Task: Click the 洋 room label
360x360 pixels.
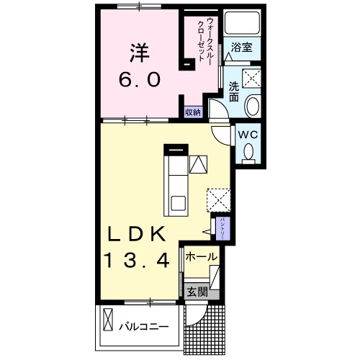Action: click(140, 53)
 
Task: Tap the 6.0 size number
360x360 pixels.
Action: click(140, 80)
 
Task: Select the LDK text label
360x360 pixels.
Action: click(137, 234)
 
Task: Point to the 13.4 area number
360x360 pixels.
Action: click(137, 261)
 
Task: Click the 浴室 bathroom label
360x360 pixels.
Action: click(242, 47)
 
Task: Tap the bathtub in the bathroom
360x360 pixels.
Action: click(242, 23)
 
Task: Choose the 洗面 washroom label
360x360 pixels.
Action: click(234, 91)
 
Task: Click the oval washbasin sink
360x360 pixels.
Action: click(252, 106)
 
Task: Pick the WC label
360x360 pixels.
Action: click(248, 135)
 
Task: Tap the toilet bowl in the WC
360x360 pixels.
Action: click(248, 152)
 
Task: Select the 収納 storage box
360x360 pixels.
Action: click(193, 112)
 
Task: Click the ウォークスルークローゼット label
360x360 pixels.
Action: click(204, 40)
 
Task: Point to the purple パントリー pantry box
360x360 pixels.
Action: click(223, 228)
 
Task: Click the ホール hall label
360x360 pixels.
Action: click(202, 257)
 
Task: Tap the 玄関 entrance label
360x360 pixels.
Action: click(197, 292)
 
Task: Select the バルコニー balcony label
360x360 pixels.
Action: click(144, 327)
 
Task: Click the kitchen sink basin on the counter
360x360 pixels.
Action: click(178, 203)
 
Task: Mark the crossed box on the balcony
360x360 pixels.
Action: click(108, 320)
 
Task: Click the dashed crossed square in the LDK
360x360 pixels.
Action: click(219, 200)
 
